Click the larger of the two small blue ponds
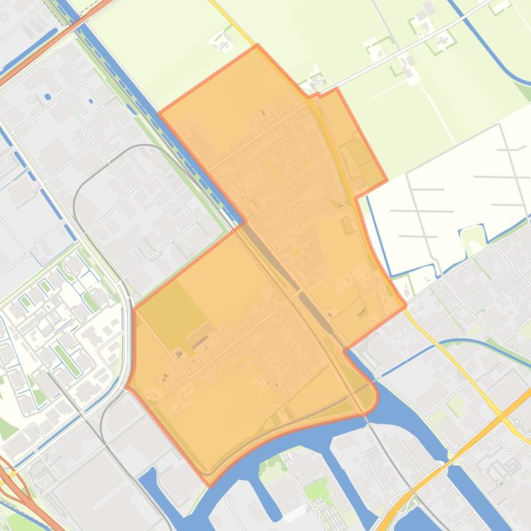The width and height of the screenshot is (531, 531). click(47, 97)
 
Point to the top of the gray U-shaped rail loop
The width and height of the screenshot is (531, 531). click(144, 146)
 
